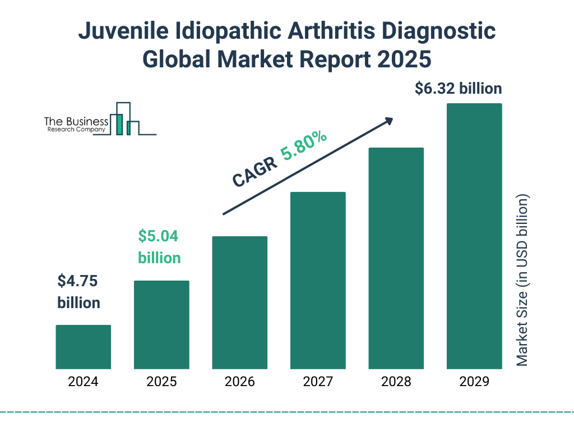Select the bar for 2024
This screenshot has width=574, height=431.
tap(83, 347)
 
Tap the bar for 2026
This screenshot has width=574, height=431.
tap(239, 302)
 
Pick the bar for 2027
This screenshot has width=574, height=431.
tap(318, 281)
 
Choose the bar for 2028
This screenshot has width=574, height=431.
tap(396, 258)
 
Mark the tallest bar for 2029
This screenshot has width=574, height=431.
tap(474, 236)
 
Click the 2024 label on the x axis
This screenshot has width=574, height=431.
tap(83, 382)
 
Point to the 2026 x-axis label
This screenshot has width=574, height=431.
tap(239, 382)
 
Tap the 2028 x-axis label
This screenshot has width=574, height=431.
tap(396, 382)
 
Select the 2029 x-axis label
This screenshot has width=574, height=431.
tap(474, 382)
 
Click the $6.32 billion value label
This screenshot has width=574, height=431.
tap(458, 89)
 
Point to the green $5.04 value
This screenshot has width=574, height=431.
tap(158, 236)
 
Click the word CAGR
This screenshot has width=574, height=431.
tap(254, 171)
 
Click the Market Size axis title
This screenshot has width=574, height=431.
tap(522, 280)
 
